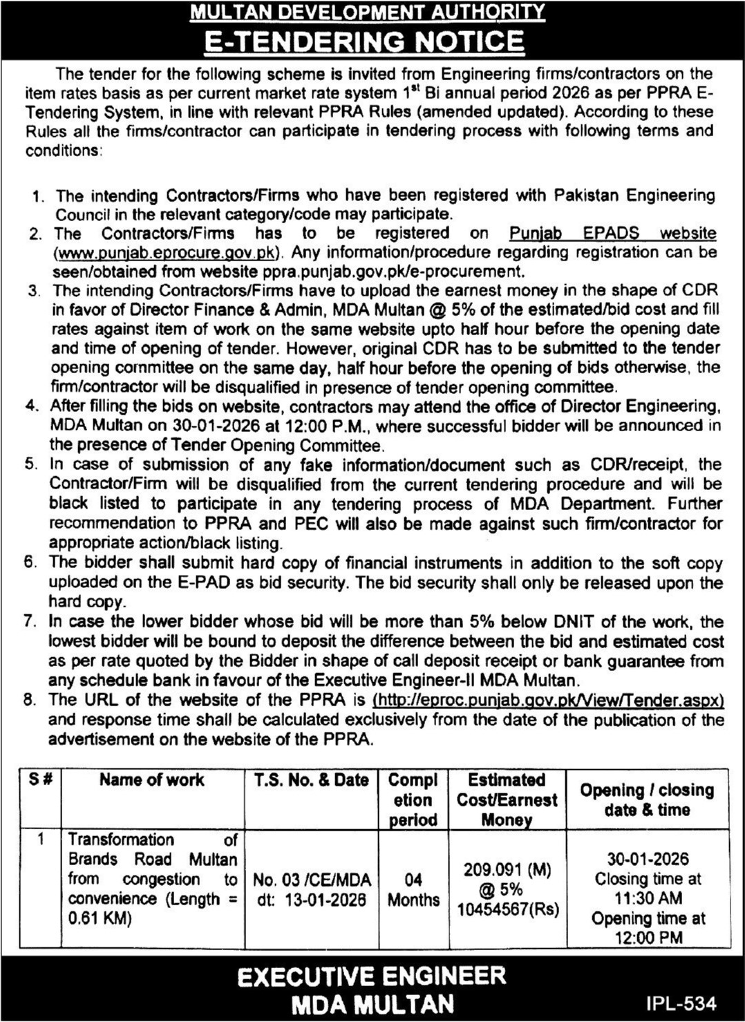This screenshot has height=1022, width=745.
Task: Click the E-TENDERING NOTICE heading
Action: tap(366, 41)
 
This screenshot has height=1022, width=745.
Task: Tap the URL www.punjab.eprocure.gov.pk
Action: tap(169, 252)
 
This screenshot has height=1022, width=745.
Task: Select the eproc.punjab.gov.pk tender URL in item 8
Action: tap(548, 700)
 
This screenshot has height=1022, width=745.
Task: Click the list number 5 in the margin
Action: tap(30, 464)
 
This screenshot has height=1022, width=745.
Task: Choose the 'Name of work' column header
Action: tap(151, 780)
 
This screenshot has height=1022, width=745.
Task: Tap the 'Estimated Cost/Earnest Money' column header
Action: tap(507, 799)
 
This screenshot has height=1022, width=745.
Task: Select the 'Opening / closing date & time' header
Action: tap(647, 799)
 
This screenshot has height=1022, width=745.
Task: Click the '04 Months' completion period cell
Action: tap(413, 889)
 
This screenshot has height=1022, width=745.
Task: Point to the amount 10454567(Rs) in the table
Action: tap(508, 909)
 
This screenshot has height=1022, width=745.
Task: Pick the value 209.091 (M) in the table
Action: tap(508, 869)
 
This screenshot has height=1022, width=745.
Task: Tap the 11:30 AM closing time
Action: tap(647, 898)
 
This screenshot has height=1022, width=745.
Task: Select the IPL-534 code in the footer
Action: tap(681, 1003)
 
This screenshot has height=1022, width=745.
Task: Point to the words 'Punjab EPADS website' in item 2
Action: tap(612, 234)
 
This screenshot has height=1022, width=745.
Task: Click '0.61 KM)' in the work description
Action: tap(100, 918)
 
